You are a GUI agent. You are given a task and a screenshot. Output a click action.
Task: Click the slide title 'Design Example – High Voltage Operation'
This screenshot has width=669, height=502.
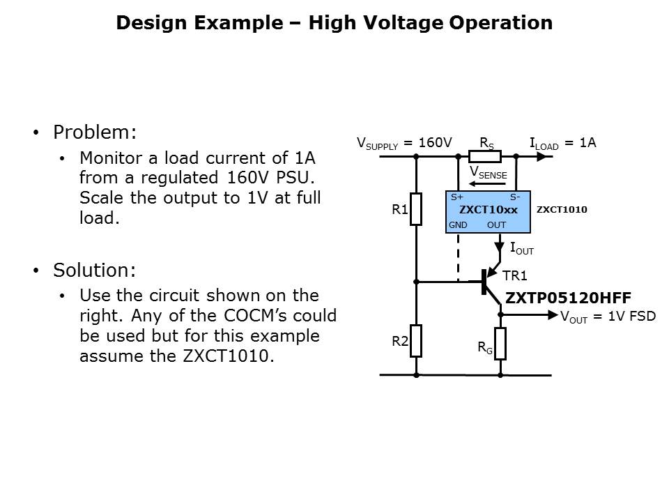(334, 23)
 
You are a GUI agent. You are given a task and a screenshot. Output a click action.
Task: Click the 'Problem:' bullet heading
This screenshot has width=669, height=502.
(95, 132)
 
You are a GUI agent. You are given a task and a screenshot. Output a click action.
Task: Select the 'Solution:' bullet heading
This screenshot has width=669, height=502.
(95, 270)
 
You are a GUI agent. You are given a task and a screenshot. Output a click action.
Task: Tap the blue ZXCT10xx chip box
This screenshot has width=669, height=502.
(488, 211)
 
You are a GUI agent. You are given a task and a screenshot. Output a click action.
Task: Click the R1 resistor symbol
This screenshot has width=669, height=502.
(416, 209)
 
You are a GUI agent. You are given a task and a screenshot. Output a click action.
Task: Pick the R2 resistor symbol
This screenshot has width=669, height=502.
(416, 340)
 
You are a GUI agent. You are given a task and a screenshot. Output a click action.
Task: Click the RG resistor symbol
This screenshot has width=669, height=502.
(500, 344)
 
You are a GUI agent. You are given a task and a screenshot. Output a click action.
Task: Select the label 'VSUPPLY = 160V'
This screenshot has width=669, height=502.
(404, 144)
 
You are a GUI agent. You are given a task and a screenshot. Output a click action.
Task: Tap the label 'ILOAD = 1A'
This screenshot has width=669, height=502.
(562, 143)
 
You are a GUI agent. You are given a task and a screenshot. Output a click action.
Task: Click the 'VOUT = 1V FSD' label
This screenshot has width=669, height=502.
(608, 316)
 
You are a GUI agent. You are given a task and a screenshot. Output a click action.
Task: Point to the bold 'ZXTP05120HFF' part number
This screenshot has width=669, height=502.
(568, 298)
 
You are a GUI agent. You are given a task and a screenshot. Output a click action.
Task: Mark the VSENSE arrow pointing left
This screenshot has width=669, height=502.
(488, 184)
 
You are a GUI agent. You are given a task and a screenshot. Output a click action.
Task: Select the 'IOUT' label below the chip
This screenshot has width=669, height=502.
(521, 248)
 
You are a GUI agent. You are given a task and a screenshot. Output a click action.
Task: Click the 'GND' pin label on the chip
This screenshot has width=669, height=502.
(458, 225)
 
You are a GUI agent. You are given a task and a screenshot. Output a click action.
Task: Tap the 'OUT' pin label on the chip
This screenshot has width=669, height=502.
(496, 225)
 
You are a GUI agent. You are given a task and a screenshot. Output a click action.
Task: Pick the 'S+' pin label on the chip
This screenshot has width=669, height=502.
(456, 197)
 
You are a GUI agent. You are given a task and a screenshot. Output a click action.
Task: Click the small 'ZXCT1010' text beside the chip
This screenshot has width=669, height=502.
(562, 209)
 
